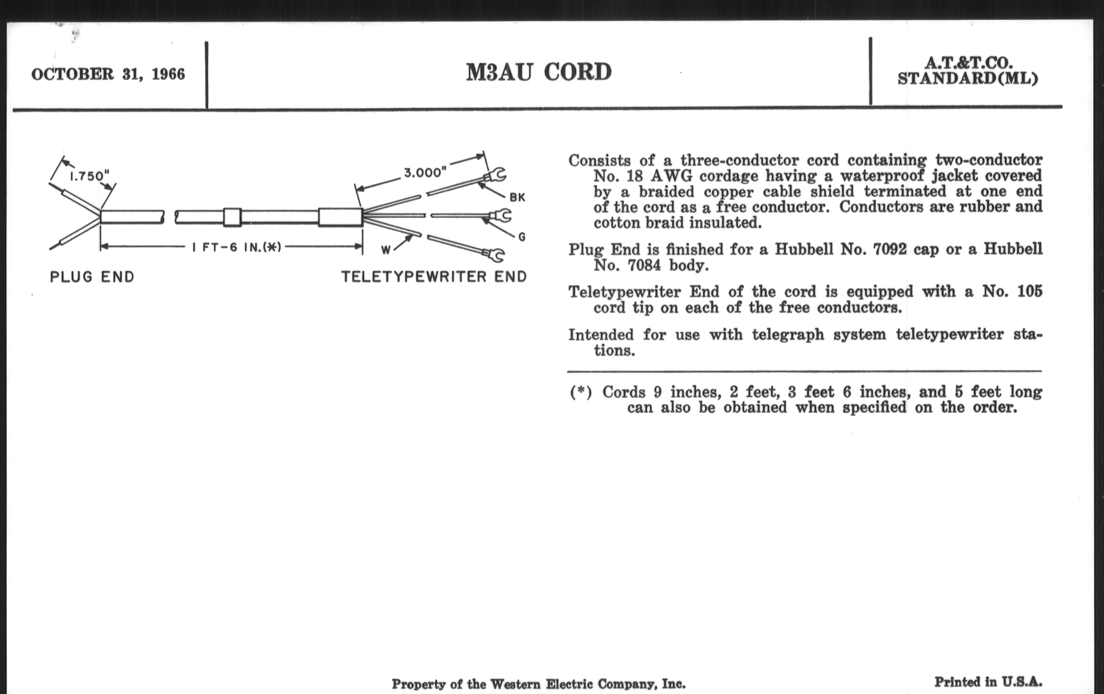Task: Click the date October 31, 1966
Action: pyautogui.click(x=108, y=74)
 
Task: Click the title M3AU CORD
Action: pyautogui.click(x=539, y=73)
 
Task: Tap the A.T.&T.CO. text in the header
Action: pyautogui.click(x=967, y=63)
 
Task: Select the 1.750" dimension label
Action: pyautogui.click(x=89, y=176)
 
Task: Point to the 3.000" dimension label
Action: pyautogui.click(x=425, y=173)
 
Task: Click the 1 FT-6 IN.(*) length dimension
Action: pyautogui.click(x=236, y=247)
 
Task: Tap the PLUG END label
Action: pyautogui.click(x=92, y=277)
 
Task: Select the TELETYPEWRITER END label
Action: pyautogui.click(x=434, y=277)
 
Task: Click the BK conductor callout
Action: pyautogui.click(x=517, y=197)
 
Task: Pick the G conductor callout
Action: pyautogui.click(x=521, y=237)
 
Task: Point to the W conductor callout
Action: pyautogui.click(x=386, y=249)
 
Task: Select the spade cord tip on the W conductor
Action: pyautogui.click(x=495, y=254)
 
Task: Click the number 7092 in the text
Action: pyautogui.click(x=890, y=249)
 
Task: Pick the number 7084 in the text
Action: pyautogui.click(x=644, y=265)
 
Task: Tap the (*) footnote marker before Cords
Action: pyautogui.click(x=581, y=392)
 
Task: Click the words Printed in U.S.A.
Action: pyautogui.click(x=988, y=682)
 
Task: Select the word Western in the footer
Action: pyautogui.click(x=515, y=684)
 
